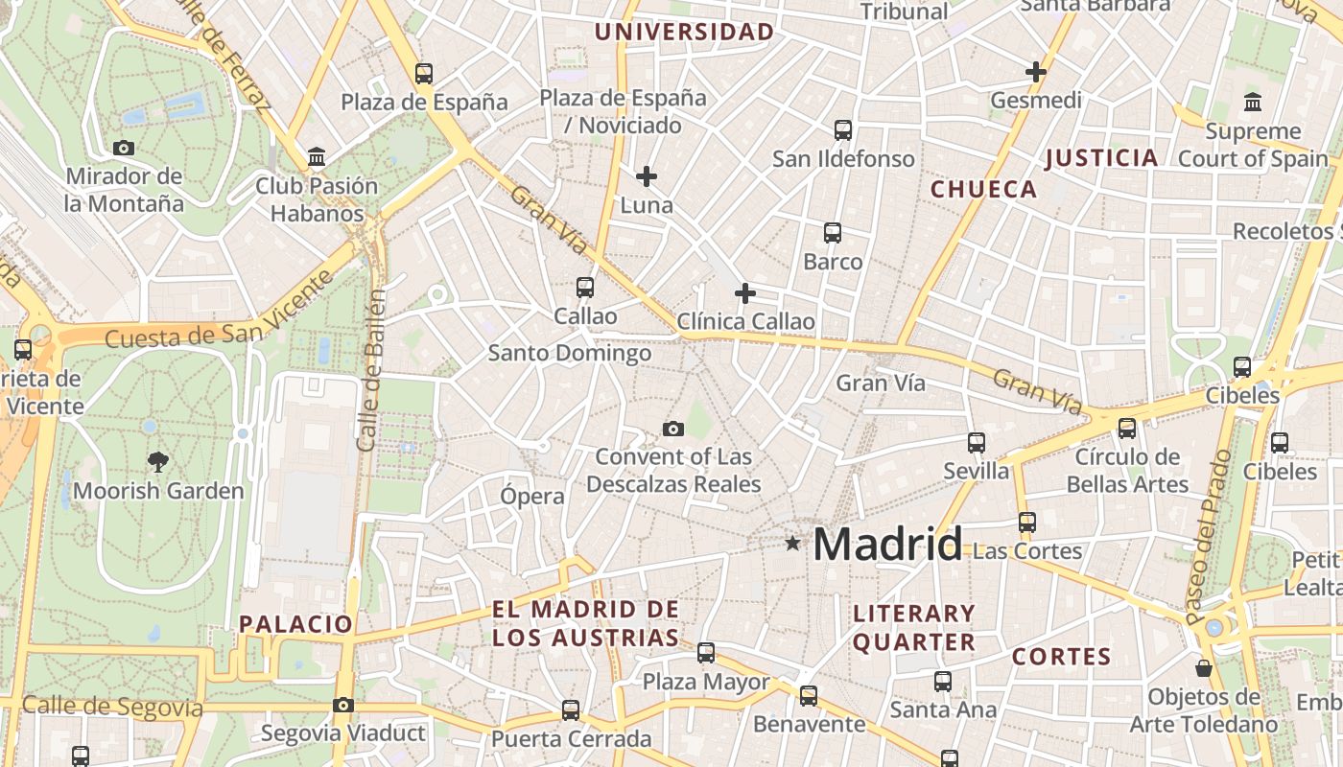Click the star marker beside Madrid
(x=792, y=544)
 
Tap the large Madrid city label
(x=887, y=545)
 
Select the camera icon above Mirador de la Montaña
(x=124, y=148)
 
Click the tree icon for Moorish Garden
(x=158, y=462)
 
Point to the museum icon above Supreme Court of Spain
(x=1253, y=102)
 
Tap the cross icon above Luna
(x=647, y=176)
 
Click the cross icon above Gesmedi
(x=1036, y=72)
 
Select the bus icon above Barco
(x=833, y=232)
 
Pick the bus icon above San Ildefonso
(x=843, y=129)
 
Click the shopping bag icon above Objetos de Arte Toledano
(x=1204, y=667)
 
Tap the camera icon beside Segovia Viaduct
(x=342, y=706)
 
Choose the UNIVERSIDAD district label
(x=684, y=32)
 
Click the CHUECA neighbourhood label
(x=984, y=189)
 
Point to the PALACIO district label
(x=296, y=624)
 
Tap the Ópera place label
(x=532, y=496)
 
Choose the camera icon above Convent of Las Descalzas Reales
(x=673, y=429)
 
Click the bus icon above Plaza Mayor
(x=706, y=653)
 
